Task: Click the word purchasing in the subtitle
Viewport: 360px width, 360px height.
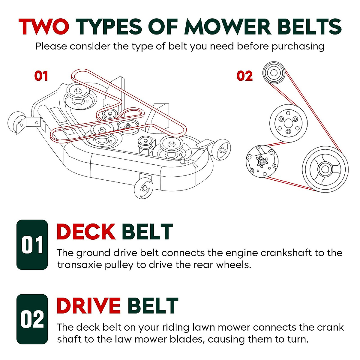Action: tap(298, 46)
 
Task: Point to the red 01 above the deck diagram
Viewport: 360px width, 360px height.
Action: tap(41, 76)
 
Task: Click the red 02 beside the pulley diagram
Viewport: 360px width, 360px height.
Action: tap(244, 76)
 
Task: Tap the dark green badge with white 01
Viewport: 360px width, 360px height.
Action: tap(32, 245)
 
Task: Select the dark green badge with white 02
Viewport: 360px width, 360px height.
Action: tap(32, 319)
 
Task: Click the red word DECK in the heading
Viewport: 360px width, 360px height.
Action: tap(86, 232)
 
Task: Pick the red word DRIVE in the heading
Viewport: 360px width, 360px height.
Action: tap(88, 306)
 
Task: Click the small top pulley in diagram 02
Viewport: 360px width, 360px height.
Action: tap(273, 73)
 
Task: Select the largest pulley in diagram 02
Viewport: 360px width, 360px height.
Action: tap(325, 169)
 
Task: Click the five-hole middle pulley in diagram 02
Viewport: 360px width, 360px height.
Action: tap(288, 123)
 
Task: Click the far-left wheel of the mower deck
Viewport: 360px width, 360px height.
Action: tap(15, 123)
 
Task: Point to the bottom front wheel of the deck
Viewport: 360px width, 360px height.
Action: tap(143, 188)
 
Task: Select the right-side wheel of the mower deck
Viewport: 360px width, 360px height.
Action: tap(222, 148)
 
